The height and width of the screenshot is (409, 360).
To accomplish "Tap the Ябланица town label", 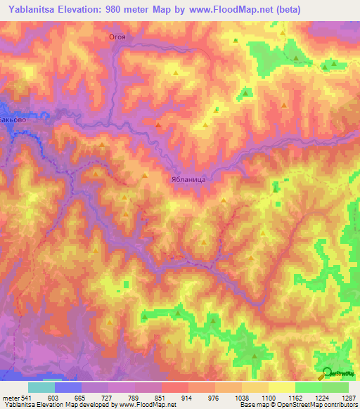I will [188, 179].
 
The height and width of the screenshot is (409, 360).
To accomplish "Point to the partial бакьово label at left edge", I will [12, 120].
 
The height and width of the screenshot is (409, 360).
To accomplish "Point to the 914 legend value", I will [188, 397].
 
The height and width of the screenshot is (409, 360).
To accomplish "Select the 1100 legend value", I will [268, 397].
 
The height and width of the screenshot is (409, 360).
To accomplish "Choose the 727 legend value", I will [108, 397].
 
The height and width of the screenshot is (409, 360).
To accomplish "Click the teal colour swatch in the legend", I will [41, 387].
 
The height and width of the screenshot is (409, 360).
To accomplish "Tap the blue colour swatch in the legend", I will [67, 387].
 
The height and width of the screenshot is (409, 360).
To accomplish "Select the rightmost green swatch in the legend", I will [335, 387].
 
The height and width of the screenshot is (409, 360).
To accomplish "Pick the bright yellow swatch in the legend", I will [281, 387].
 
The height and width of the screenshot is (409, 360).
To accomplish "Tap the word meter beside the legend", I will [10, 397].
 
